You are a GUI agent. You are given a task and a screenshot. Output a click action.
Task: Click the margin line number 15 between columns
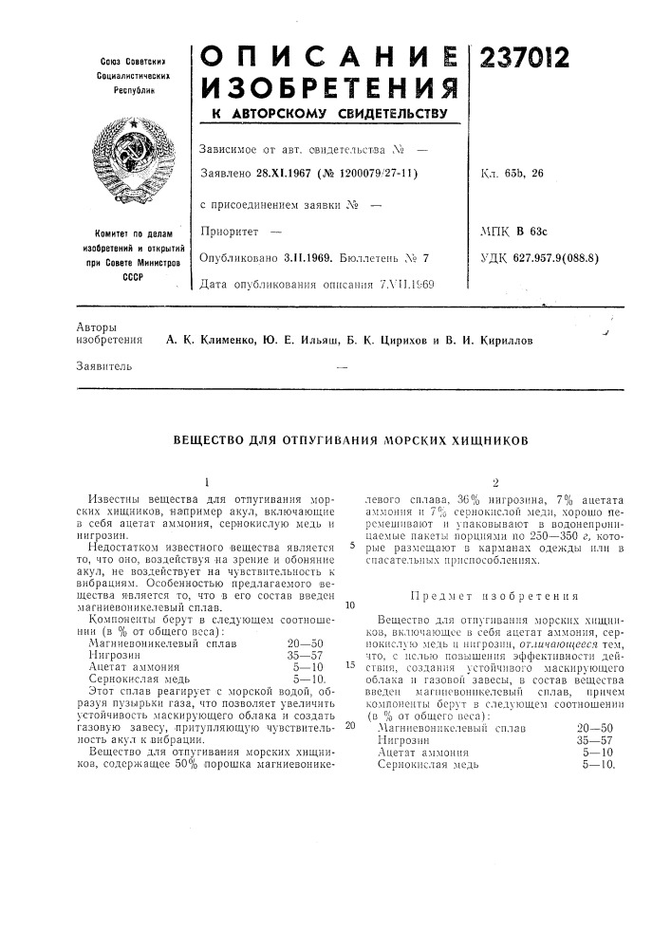pos(350,665)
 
